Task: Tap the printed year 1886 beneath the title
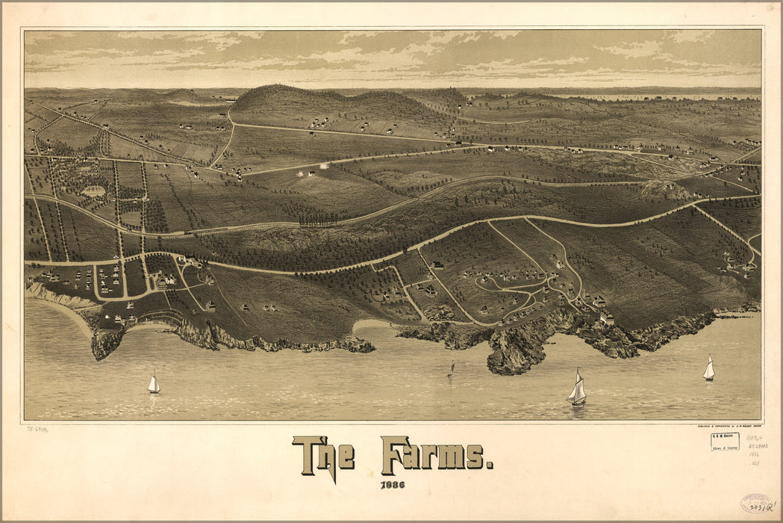tap(393, 484)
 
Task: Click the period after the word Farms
tap(489, 465)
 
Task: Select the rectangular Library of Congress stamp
tap(724, 441)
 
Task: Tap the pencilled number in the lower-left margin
tap(37, 430)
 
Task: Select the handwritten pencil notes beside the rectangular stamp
tap(756, 451)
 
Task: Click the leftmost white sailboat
tap(154, 383)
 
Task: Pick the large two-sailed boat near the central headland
tap(576, 389)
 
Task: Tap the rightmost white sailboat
tap(708, 368)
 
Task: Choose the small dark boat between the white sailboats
tap(450, 369)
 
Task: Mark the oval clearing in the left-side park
tap(93, 191)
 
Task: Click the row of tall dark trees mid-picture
tap(322, 220)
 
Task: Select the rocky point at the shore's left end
tap(106, 341)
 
